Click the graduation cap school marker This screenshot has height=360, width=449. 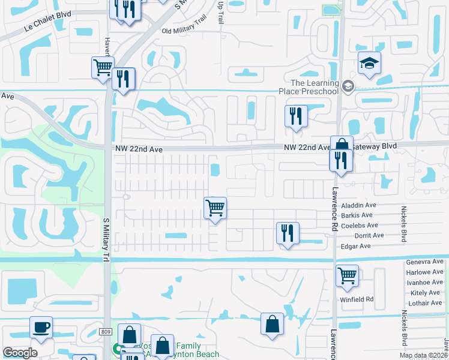[x=369, y=62]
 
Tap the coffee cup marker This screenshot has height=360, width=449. [x=41, y=328]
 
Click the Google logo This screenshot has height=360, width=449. [x=20, y=352]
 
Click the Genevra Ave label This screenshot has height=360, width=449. [x=424, y=262]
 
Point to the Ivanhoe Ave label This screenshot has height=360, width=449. [x=424, y=282]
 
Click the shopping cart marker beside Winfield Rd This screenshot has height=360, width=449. [x=347, y=276]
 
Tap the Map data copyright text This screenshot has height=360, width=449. [x=424, y=355]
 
